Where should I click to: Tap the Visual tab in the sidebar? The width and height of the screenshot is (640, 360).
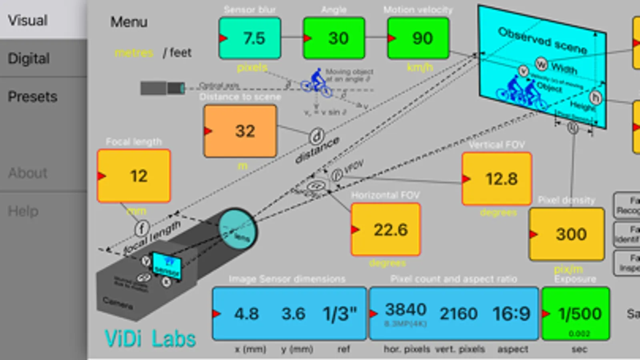pyautogui.click(x=28, y=20)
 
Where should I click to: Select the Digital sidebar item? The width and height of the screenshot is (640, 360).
pyautogui.click(x=29, y=58)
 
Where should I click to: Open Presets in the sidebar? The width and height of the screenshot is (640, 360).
pyautogui.click(x=32, y=96)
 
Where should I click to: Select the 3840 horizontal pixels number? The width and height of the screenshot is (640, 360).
pyautogui.click(x=406, y=310)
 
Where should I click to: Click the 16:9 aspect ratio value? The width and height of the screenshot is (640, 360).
pyautogui.click(x=512, y=314)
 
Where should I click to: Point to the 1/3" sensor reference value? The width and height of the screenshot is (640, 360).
pyautogui.click(x=340, y=314)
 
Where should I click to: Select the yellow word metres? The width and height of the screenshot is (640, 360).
pyautogui.click(x=134, y=52)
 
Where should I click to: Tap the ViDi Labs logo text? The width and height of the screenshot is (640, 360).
pyautogui.click(x=150, y=339)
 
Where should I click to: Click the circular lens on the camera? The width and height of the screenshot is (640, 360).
pyautogui.click(x=238, y=228)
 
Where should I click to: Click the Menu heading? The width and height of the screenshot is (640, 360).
pyautogui.click(x=129, y=22)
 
